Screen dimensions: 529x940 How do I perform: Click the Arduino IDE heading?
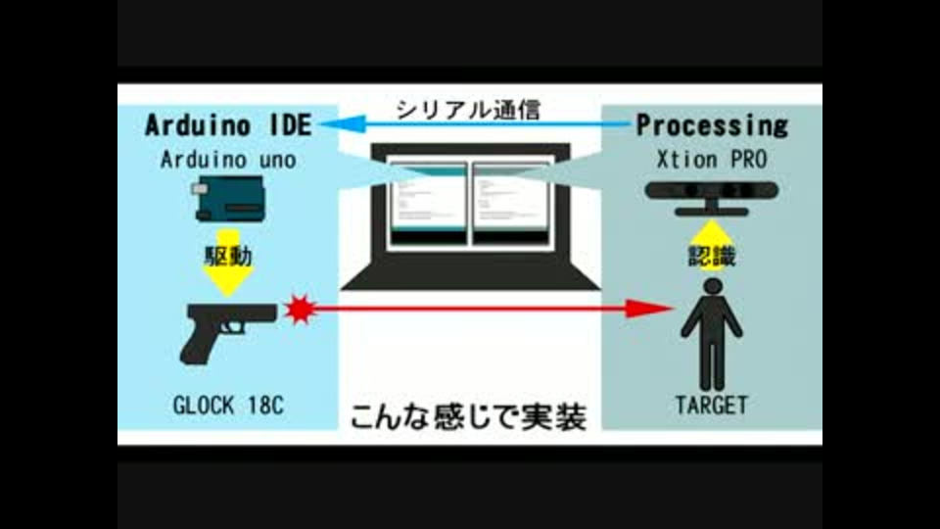pyautogui.click(x=228, y=125)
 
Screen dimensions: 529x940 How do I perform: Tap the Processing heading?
pyautogui.click(x=712, y=125)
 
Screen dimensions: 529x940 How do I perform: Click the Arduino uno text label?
pyautogui.click(x=228, y=160)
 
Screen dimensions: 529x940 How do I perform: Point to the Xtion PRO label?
pyautogui.click(x=712, y=160)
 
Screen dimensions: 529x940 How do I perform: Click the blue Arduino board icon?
pyautogui.click(x=228, y=199)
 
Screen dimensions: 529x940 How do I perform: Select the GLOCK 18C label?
pyautogui.click(x=228, y=405)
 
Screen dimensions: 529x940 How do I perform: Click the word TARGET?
pyautogui.click(x=712, y=405)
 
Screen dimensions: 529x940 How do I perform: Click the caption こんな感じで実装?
pyautogui.click(x=468, y=417)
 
